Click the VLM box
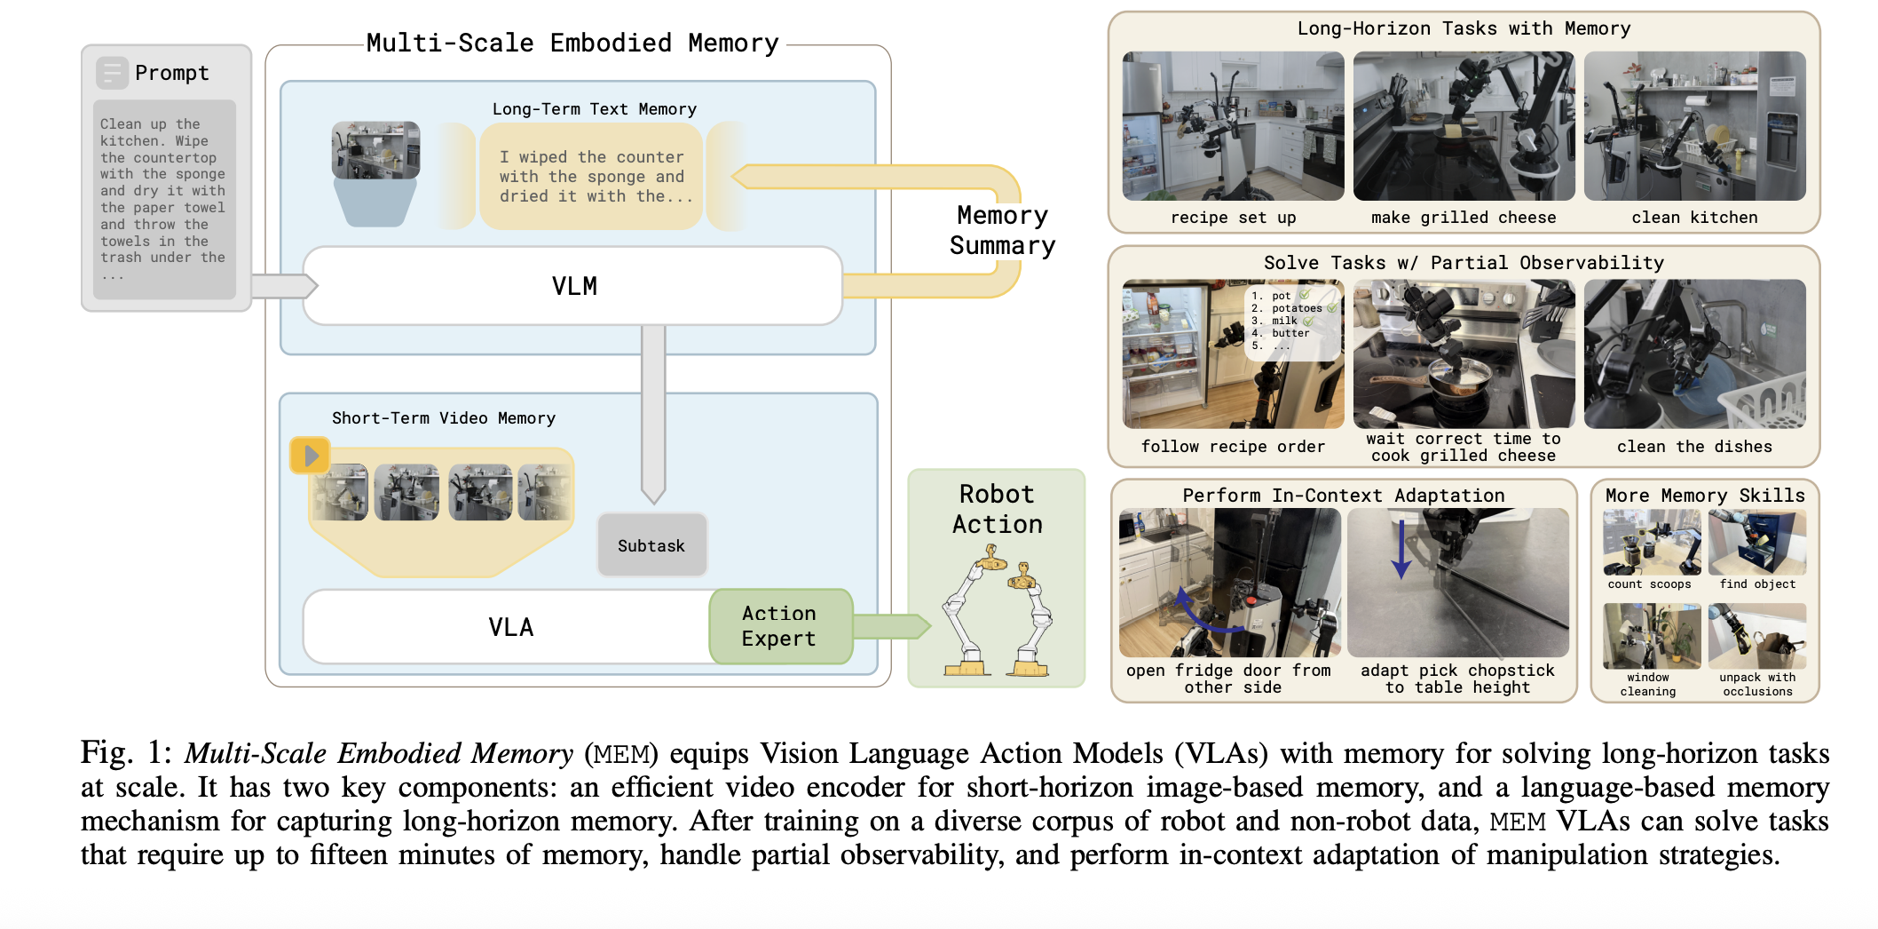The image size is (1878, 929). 573,286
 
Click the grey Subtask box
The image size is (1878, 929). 651,545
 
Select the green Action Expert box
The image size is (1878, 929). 779,626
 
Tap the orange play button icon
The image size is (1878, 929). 310,456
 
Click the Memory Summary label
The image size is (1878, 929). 1002,230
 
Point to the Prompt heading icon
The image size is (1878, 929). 113,73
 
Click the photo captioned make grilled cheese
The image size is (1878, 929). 1463,126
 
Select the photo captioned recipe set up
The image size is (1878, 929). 1232,126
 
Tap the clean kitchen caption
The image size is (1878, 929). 1693,218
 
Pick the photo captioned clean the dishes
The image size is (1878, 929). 1693,353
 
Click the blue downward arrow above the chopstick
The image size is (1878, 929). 1401,549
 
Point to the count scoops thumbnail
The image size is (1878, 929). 1650,544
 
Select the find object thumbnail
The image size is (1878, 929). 1756,544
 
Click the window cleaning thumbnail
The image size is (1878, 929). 1650,636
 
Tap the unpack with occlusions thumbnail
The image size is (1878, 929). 1756,636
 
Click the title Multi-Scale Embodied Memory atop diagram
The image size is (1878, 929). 572,43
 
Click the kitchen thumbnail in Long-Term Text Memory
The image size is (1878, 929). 375,151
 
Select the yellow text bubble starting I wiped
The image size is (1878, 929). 591,177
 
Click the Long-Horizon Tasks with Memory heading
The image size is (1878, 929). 1463,28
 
